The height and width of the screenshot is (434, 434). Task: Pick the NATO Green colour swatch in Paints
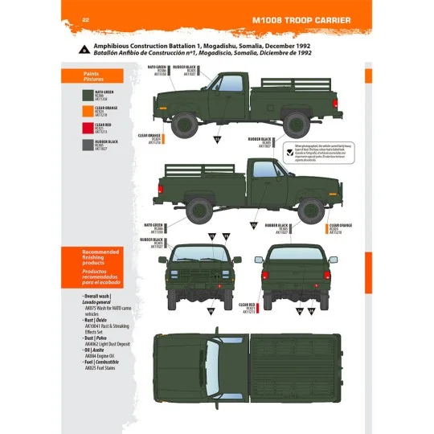point(76,92)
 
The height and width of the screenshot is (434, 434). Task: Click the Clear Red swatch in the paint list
point(76,127)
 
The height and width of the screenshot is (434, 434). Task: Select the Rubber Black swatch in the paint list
point(76,145)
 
